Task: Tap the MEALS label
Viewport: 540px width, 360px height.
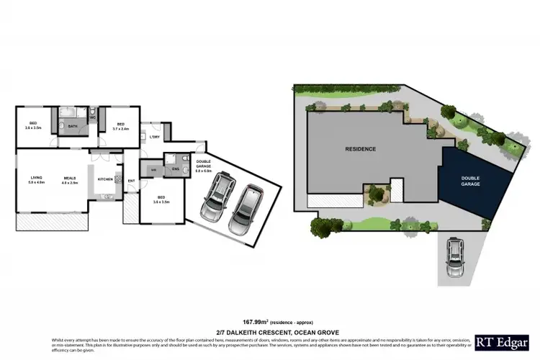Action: tap(70, 177)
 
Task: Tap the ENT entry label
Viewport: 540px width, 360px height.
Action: tap(132, 181)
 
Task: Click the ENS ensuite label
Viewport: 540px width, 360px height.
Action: tap(175, 169)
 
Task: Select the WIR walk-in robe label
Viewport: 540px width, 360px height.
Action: tap(153, 169)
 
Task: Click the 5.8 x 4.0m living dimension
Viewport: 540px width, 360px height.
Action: tap(37, 183)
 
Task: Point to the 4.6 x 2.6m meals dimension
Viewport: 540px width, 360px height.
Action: tap(70, 183)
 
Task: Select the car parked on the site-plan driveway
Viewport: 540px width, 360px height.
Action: tap(456, 256)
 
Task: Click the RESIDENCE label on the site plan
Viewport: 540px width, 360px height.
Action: tap(360, 149)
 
